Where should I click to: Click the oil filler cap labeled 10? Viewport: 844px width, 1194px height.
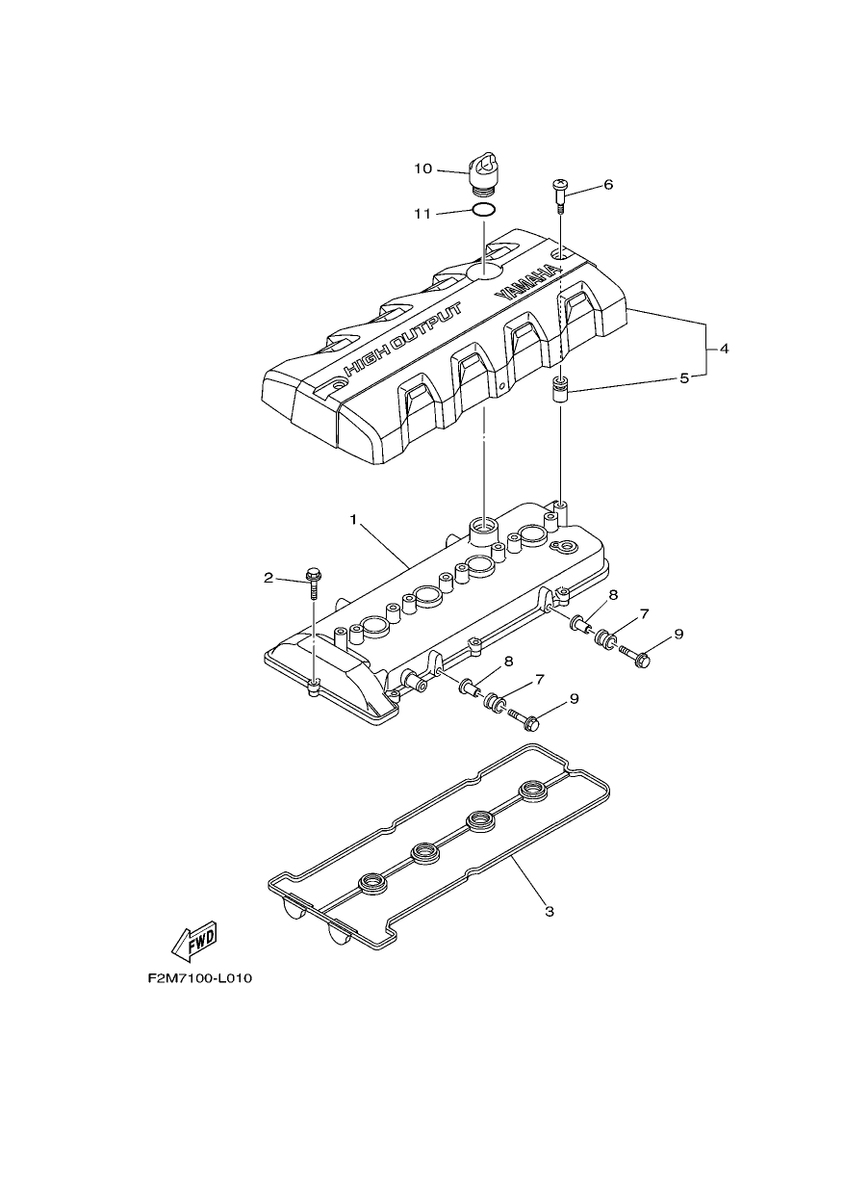coord(483,175)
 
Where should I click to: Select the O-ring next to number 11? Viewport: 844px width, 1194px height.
coord(484,211)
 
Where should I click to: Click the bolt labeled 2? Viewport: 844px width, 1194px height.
coord(313,584)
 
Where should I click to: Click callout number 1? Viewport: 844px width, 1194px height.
coord(353,519)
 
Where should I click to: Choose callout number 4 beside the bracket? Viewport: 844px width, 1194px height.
coord(724,350)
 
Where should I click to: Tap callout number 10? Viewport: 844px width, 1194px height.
coord(423,169)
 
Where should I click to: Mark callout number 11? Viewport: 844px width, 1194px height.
coord(422,214)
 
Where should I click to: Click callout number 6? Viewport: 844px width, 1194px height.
coord(608,185)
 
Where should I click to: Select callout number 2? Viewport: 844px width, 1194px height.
coord(268,578)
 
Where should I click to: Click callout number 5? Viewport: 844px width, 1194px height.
coord(684,379)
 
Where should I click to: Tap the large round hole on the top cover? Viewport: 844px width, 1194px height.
coord(483,270)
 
